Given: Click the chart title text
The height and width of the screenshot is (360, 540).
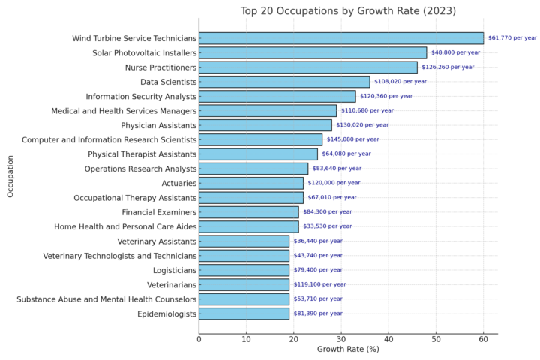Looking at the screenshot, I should (348, 10).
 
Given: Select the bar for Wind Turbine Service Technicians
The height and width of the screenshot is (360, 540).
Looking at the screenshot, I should (341, 38).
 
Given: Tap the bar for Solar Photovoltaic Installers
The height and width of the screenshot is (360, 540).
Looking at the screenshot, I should (313, 53).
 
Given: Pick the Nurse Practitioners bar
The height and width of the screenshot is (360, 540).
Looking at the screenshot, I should (308, 67).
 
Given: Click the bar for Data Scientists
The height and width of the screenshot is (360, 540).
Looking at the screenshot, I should (284, 82).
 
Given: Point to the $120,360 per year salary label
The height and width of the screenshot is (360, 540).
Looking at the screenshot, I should (386, 96).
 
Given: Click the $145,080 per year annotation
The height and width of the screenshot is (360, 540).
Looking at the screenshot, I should (352, 139).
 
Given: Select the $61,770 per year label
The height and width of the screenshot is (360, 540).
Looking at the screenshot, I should (512, 38).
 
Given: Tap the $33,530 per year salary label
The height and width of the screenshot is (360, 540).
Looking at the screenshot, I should (327, 226).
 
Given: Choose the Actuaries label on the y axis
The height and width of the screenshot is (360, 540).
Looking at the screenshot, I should (179, 183).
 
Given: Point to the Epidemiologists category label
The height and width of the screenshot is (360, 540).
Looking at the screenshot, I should (166, 313).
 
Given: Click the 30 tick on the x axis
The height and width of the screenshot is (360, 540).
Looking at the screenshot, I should (341, 339).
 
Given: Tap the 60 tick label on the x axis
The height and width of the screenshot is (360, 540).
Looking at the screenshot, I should (483, 339).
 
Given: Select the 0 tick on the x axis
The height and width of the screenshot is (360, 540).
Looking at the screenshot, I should (199, 339).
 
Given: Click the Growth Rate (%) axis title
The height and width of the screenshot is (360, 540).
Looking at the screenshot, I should (348, 349).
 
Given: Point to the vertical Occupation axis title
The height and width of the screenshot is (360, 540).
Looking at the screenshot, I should (10, 176).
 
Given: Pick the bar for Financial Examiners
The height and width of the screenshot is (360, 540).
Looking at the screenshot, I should (249, 212).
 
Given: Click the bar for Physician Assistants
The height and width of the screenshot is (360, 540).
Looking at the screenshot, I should (265, 125).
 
